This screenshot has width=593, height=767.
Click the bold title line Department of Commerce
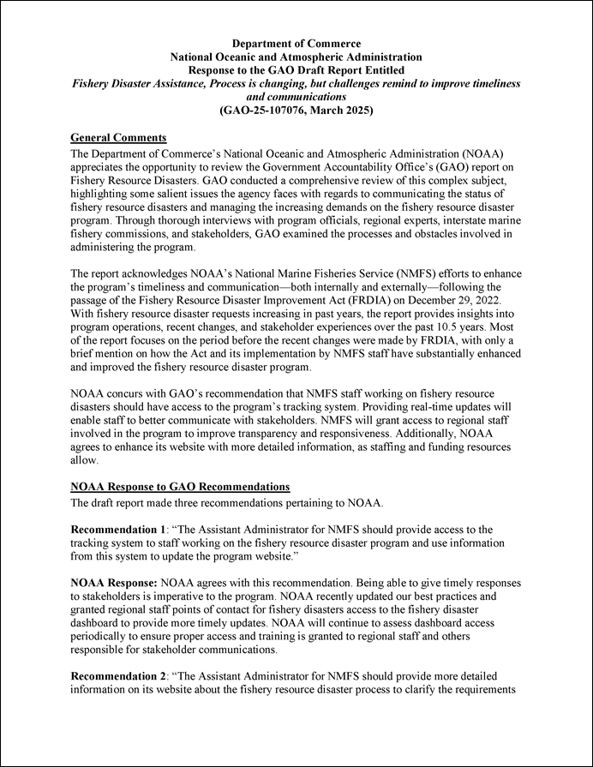click(x=296, y=44)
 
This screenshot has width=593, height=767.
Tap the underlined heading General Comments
click(x=118, y=138)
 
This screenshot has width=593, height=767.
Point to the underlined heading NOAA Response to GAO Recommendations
click(x=180, y=488)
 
